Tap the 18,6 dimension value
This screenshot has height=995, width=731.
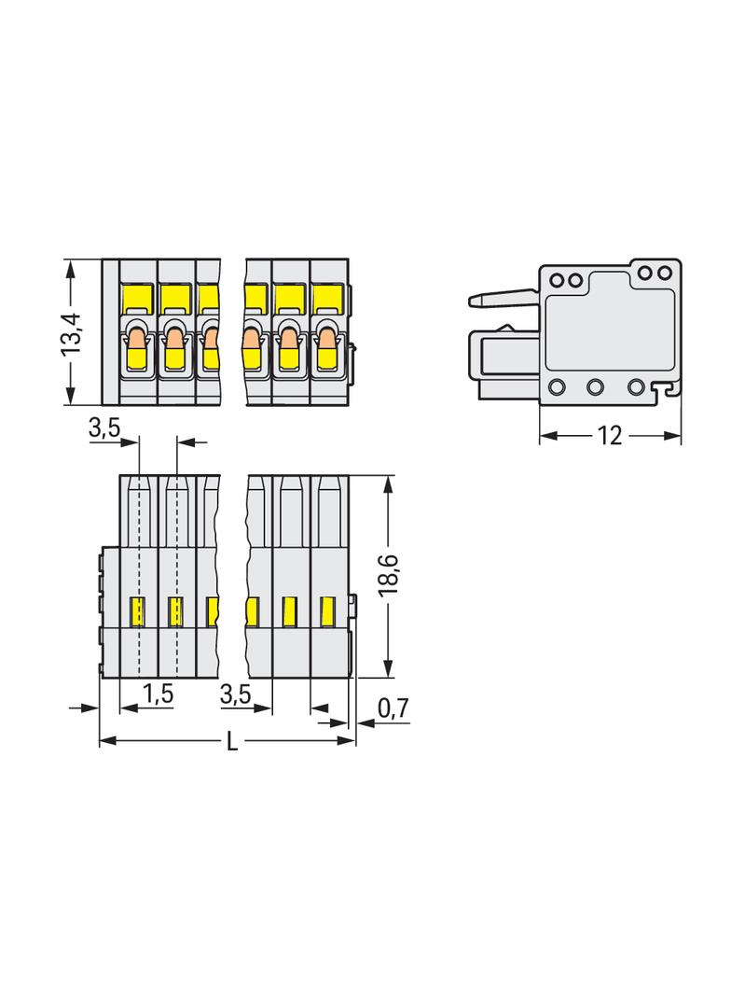tap(388, 574)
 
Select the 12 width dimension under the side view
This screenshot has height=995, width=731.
tap(609, 436)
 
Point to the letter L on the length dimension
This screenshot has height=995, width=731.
tap(233, 740)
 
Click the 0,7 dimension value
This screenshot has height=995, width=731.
tap(393, 708)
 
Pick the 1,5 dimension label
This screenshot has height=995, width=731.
tap(158, 694)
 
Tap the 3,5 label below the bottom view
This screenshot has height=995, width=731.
tap(236, 694)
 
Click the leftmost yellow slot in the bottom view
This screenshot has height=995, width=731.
tap(137, 612)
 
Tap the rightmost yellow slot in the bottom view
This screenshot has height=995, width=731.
tap(327, 612)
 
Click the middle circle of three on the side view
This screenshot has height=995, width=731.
tap(595, 386)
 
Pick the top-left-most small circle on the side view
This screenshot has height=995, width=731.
tap(558, 280)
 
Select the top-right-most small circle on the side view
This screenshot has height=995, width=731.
tap(664, 273)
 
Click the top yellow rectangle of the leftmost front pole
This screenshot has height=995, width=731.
tap(137, 297)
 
